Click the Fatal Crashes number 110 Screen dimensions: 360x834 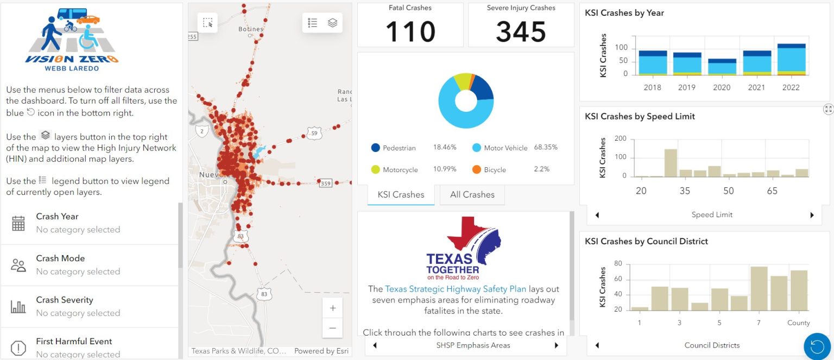click(410, 31)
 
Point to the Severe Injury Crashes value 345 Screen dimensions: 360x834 click(521, 31)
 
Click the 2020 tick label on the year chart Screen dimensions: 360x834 click(722, 87)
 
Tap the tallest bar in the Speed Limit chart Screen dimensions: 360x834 click(671, 163)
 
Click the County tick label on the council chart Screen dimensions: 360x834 click(799, 323)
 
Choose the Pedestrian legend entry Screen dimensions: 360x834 click(399, 148)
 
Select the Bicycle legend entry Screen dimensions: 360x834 click(495, 170)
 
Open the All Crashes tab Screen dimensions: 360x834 click(472, 195)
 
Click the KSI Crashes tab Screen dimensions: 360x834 click(401, 195)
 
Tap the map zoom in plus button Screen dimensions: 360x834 click(332, 308)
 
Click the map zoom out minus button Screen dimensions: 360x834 click(332, 328)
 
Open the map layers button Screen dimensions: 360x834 click(332, 23)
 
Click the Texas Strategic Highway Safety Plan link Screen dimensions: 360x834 click(456, 289)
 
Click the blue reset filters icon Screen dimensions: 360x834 click(817, 346)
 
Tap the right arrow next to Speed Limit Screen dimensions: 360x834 click(812, 215)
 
